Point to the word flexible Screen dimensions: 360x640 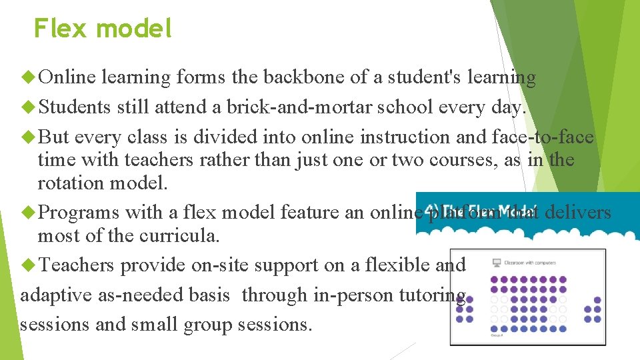[x=387, y=265]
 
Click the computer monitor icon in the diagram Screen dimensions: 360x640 [x=496, y=263]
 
